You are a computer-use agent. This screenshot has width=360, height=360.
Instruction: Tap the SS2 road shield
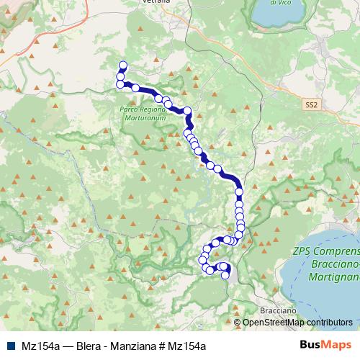310,104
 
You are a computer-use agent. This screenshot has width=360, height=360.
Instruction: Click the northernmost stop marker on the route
122,64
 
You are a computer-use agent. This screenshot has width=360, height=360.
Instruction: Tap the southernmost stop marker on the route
225,275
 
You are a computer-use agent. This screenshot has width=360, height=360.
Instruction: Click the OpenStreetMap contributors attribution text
297,323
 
